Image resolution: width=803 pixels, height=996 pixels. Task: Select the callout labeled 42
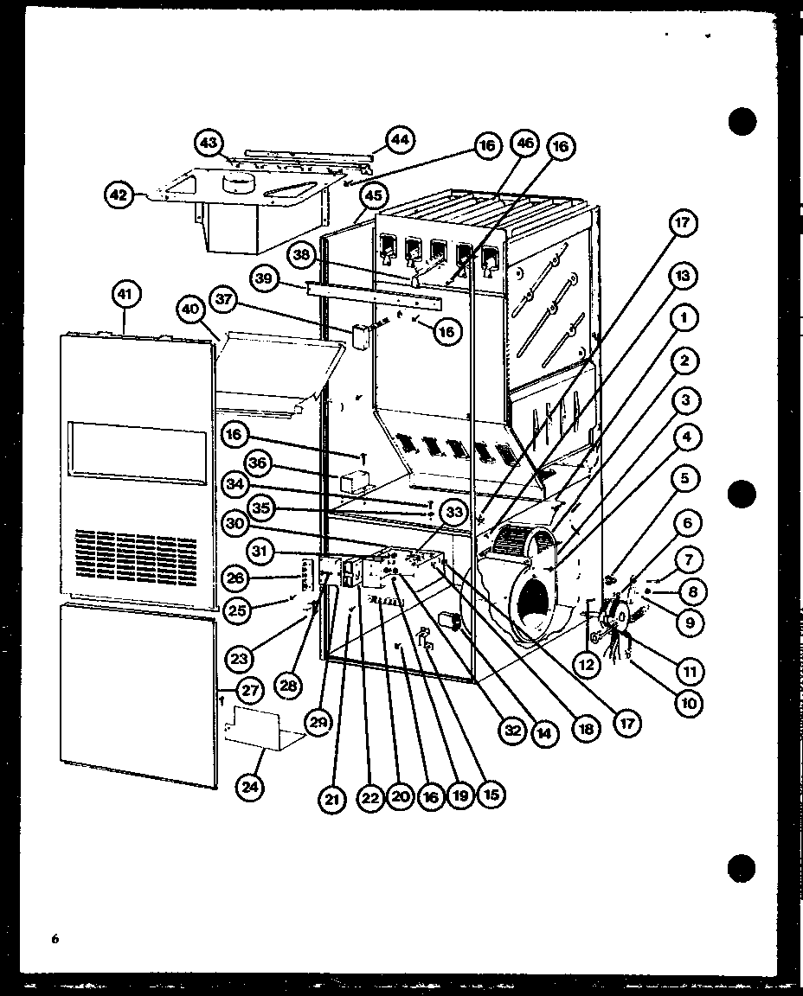point(119,196)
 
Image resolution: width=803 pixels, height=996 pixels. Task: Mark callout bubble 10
point(688,703)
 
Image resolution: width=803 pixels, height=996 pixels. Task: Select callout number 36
point(260,463)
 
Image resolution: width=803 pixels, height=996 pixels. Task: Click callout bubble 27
point(251,691)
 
